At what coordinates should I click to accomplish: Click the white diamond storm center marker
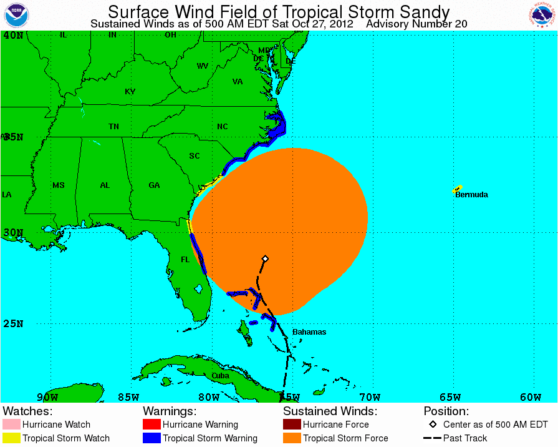point(265,258)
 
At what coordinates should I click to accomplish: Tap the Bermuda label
point(471,195)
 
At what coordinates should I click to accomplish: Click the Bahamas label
point(309,332)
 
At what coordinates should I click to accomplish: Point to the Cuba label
point(220,376)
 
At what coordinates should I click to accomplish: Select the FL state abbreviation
point(185,259)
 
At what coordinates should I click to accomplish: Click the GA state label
point(154,185)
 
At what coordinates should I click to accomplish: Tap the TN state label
point(113,127)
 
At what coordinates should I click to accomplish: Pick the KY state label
point(130,92)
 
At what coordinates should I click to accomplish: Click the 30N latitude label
point(13,233)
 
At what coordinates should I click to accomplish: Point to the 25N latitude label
point(13,323)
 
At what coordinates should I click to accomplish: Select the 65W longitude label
point(450,397)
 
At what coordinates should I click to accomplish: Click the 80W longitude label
point(208,397)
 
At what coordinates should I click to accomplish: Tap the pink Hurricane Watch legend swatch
point(11,425)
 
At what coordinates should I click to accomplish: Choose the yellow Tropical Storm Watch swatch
point(11,438)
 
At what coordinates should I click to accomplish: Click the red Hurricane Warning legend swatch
point(152,425)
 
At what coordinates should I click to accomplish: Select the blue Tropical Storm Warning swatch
point(152,438)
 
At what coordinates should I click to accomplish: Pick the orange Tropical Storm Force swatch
point(292,438)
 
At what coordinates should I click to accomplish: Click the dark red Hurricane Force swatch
point(292,425)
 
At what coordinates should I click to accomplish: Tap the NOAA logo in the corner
point(17,15)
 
